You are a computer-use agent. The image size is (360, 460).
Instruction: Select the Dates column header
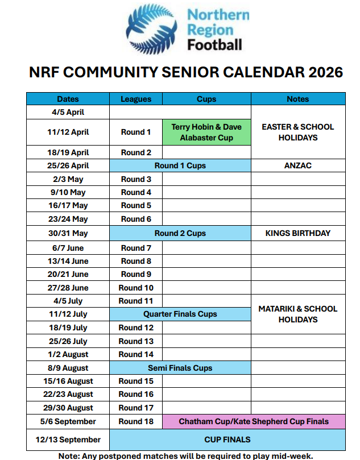[68, 99]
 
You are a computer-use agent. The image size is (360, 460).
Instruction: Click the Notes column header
[297, 99]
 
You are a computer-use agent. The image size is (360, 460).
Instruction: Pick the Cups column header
[206, 99]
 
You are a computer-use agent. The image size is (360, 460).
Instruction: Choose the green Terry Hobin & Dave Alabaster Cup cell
[206, 132]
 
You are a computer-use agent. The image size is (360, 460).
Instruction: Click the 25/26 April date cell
[68, 165]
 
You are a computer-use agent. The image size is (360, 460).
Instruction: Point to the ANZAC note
[297, 165]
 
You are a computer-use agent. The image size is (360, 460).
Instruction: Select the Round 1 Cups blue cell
[180, 165]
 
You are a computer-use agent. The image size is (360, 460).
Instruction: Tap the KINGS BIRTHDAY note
[297, 233]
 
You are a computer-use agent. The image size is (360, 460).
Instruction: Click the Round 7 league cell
[136, 248]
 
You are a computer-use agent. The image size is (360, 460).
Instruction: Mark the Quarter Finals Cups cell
[180, 314]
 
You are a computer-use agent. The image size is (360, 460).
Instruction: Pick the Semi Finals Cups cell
[180, 368]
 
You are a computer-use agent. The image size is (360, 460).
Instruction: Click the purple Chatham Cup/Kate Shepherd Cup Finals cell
[254, 421]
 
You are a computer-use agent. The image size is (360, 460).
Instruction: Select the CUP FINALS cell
[227, 440]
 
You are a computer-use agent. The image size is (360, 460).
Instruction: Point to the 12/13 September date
[68, 440]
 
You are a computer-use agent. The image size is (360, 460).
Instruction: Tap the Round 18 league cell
[136, 421]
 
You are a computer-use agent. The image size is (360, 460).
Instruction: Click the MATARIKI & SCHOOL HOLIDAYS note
[297, 314]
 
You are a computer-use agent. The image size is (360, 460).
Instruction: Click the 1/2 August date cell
[68, 354]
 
